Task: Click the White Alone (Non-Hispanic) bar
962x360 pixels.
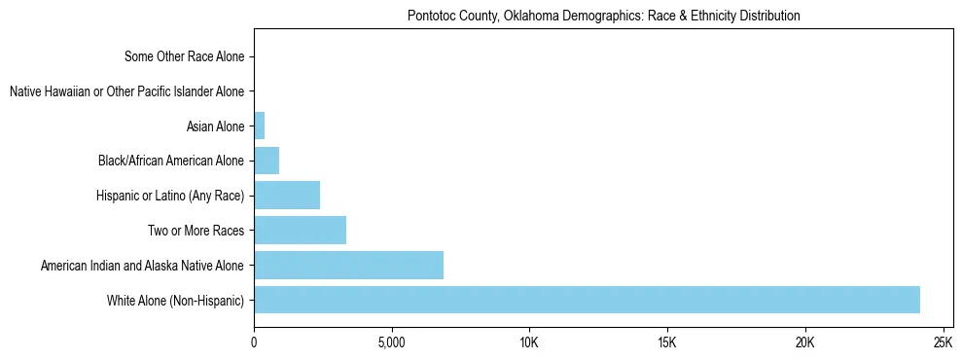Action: tap(587, 300)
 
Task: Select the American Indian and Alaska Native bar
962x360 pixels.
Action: tap(348, 265)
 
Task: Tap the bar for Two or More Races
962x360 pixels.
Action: tap(300, 231)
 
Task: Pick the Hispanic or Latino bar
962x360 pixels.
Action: tap(287, 196)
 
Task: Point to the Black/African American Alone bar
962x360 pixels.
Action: tap(267, 161)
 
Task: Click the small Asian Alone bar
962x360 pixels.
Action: tap(259, 126)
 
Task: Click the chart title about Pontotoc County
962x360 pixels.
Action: tap(603, 16)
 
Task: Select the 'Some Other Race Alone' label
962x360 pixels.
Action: tap(185, 56)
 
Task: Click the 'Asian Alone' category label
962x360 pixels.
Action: tap(215, 126)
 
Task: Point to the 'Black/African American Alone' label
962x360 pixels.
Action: tap(171, 161)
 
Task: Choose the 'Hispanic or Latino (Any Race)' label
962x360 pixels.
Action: tap(170, 196)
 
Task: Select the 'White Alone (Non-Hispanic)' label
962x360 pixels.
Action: tap(175, 300)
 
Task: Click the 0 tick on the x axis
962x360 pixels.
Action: tap(254, 343)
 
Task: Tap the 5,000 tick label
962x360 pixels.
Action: tap(391, 343)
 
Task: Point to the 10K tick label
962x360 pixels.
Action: tap(529, 343)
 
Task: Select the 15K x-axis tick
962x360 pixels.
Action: tap(666, 343)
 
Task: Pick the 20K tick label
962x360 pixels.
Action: tap(804, 343)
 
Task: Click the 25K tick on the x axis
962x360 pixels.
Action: tap(942, 343)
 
